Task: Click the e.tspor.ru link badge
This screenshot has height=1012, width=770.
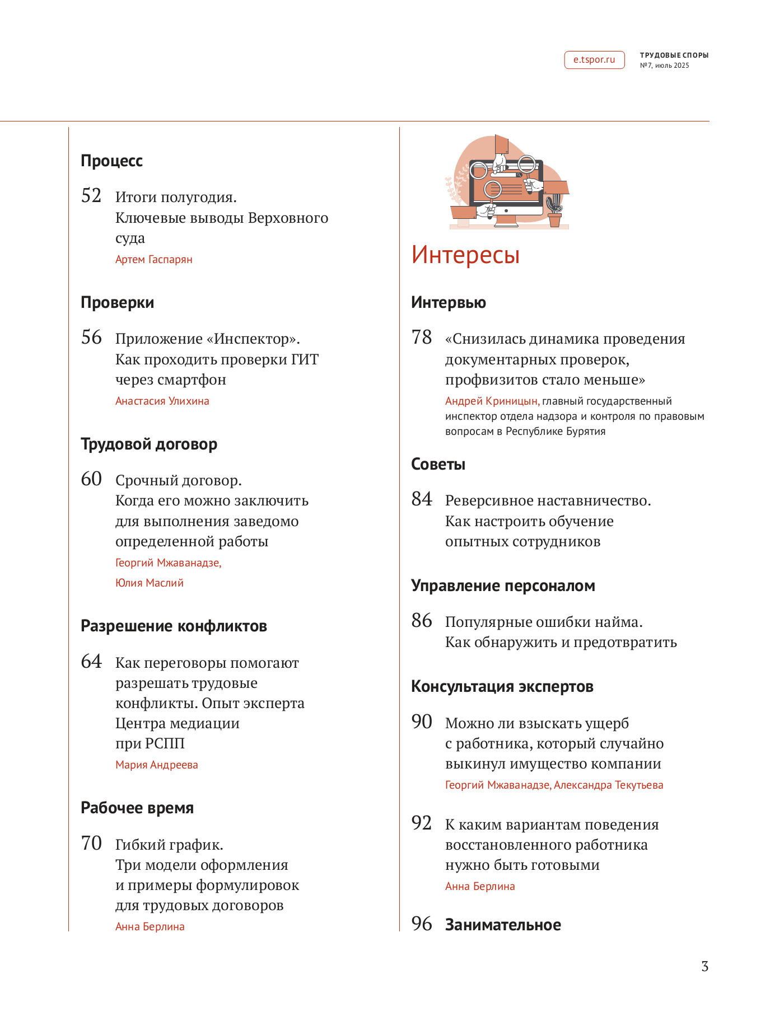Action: [x=594, y=60]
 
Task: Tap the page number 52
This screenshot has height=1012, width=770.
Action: [x=91, y=196]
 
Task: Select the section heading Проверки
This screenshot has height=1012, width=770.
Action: [x=117, y=303]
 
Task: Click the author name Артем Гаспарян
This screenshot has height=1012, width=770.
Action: [x=153, y=260]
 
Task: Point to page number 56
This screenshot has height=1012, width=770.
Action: [x=91, y=338]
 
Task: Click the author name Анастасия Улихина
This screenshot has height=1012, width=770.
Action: [x=162, y=401]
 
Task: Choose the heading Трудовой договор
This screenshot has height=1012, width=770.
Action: [x=149, y=444]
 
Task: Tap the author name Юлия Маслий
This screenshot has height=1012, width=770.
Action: [x=149, y=583]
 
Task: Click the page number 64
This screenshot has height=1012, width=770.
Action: [x=91, y=662]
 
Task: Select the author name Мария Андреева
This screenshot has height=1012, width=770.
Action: [x=156, y=765]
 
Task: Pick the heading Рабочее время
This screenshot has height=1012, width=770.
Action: [x=137, y=808]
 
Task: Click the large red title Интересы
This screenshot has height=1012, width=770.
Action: [x=465, y=255]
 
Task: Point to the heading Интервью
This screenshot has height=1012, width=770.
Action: [x=448, y=303]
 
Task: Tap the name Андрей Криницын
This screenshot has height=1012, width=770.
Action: [x=491, y=401]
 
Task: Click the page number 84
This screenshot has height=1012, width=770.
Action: [x=422, y=499]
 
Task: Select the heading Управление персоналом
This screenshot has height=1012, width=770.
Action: [x=503, y=586]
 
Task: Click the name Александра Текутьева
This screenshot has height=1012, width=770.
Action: [x=608, y=785]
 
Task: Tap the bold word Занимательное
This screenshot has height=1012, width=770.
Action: [x=503, y=925]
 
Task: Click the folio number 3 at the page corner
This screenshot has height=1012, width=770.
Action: [x=704, y=967]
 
